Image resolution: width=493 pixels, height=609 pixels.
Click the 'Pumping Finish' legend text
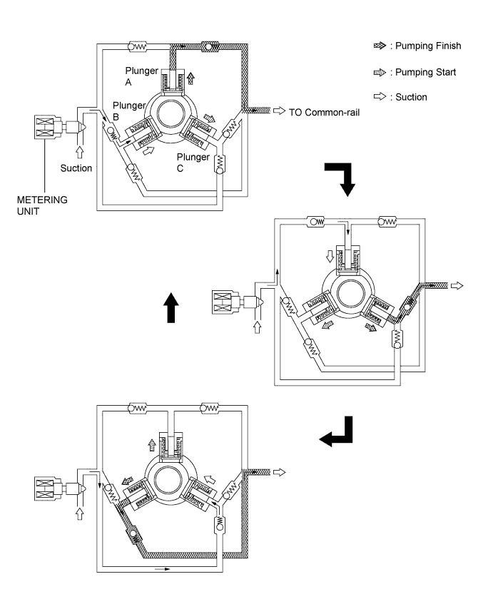(428, 46)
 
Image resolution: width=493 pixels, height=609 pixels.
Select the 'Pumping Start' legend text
(425, 72)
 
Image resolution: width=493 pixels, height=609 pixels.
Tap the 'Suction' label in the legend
(411, 97)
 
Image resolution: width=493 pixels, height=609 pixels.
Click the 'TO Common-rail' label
(324, 113)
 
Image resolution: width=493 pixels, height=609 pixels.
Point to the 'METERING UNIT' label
(42, 205)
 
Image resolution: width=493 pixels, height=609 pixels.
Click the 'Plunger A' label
(141, 76)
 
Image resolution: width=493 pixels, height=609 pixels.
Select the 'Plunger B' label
(129, 111)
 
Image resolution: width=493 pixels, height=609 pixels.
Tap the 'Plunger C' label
(193, 163)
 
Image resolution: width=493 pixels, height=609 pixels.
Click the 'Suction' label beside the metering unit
(76, 168)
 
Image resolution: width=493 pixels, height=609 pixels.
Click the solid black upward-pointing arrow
(171, 307)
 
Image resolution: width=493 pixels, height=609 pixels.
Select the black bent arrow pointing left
(336, 431)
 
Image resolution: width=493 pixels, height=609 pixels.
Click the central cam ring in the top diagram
(171, 116)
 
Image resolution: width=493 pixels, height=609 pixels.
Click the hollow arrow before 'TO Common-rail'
(280, 111)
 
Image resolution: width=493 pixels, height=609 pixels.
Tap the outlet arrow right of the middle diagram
(457, 286)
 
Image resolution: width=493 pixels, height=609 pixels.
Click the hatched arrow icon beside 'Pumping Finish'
(380, 46)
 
